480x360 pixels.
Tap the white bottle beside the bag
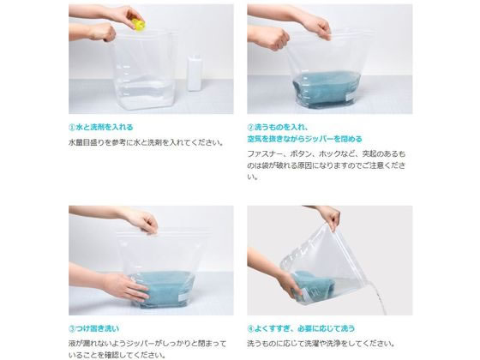pyautogui.click(x=195, y=73)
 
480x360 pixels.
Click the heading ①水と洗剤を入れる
pyautogui.click(x=101, y=127)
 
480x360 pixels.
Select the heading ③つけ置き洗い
pyautogui.click(x=94, y=329)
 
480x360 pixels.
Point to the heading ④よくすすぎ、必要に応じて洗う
pyautogui.click(x=301, y=329)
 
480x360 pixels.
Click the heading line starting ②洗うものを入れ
pyautogui.click(x=278, y=127)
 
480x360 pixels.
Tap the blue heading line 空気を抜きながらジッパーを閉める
pyautogui.click(x=304, y=139)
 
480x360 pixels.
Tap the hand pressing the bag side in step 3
pyautogui.click(x=124, y=286)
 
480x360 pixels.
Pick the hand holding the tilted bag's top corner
pyautogui.click(x=331, y=217)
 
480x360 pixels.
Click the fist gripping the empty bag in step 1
pyautogui.click(x=103, y=33)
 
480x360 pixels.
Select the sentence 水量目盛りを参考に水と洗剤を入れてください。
pyautogui.click(x=146, y=142)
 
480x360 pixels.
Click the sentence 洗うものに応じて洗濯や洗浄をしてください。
pyautogui.click(x=321, y=344)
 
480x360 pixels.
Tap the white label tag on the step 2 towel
pyautogui.click(x=350, y=98)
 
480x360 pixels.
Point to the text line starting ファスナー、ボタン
pyautogui.click(x=327, y=153)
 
